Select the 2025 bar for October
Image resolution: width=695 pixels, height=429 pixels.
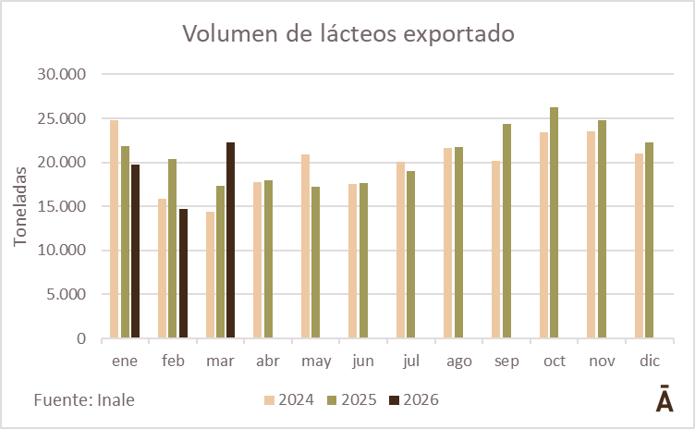[x=554, y=223]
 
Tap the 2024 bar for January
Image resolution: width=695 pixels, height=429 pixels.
[x=115, y=229]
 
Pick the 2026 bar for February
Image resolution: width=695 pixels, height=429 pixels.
[x=183, y=274]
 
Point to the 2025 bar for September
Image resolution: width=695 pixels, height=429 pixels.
[x=506, y=231]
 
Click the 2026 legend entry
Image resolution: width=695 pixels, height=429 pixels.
[x=413, y=400]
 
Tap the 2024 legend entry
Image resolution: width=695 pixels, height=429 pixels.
[x=289, y=400]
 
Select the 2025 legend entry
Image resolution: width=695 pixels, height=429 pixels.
[x=351, y=400]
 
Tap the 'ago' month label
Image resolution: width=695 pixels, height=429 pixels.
[x=458, y=360]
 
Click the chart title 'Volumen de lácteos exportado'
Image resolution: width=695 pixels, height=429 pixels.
[x=347, y=33]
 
